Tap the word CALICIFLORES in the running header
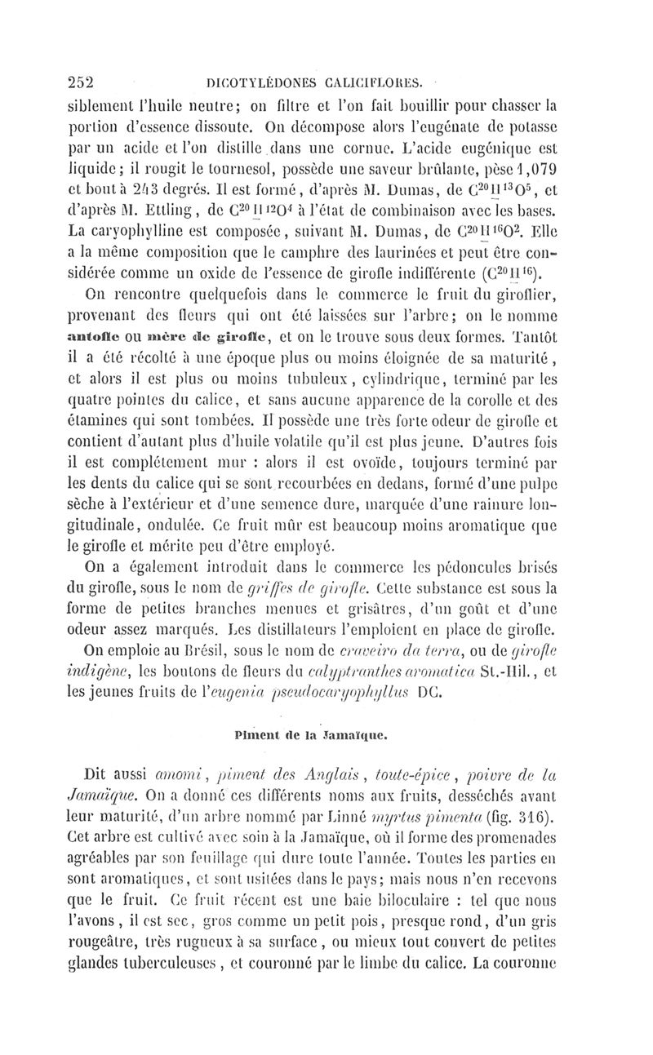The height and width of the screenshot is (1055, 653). tap(371, 81)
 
